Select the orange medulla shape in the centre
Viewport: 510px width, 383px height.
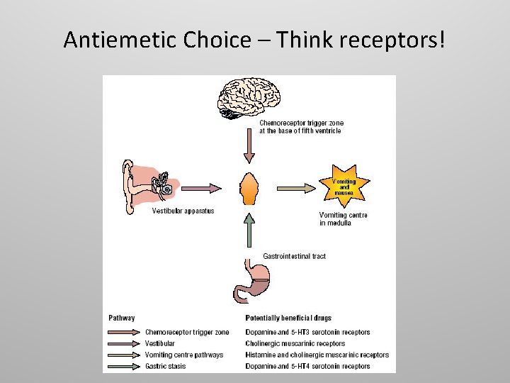point(249,188)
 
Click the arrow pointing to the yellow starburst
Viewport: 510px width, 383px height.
point(294,188)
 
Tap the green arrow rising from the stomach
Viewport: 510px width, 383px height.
point(249,228)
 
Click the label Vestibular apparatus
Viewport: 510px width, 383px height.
point(183,211)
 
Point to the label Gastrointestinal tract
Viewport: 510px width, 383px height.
point(294,256)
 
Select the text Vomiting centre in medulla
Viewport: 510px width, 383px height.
point(344,218)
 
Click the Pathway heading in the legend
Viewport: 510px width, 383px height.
point(121,318)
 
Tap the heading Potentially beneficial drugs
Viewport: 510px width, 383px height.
point(288,318)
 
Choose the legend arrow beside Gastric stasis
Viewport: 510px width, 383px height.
point(123,367)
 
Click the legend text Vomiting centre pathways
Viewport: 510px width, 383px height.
point(183,355)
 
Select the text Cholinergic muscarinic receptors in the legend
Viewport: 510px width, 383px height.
point(295,343)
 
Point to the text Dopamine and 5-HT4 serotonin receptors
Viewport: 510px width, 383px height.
point(307,366)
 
